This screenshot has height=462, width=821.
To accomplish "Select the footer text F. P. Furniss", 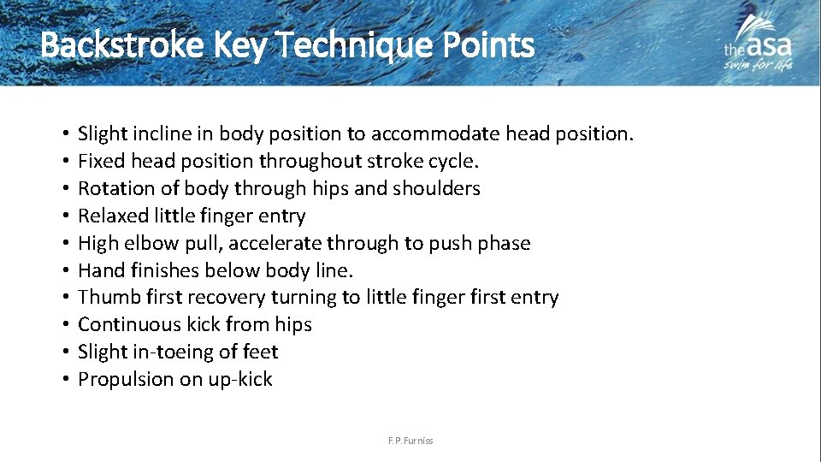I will tap(410, 441).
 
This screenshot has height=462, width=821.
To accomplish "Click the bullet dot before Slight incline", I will tap(65, 134).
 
